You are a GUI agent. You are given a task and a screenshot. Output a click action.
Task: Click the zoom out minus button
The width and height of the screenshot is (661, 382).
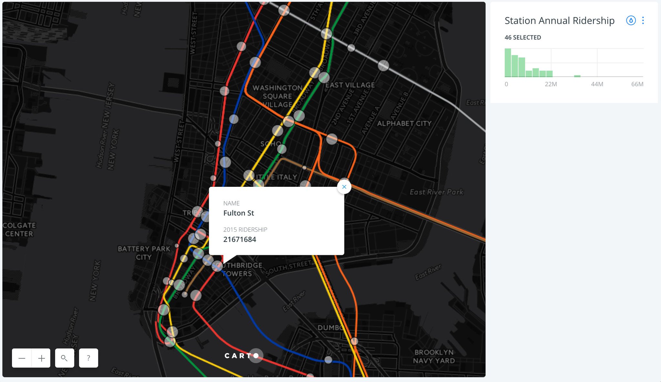(x=22, y=358)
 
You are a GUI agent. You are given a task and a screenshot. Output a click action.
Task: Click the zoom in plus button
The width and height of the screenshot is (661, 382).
(x=41, y=358)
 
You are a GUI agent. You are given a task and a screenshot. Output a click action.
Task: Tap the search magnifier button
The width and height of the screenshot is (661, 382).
(x=65, y=358)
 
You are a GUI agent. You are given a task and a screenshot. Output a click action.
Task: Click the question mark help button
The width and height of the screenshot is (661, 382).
(x=88, y=358)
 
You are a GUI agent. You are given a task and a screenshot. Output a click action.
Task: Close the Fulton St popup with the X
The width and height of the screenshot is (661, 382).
(x=344, y=187)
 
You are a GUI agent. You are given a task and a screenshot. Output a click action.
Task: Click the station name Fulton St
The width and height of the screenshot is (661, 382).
(x=239, y=213)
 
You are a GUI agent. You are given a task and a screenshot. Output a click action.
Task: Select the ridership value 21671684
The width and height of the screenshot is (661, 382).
(x=239, y=239)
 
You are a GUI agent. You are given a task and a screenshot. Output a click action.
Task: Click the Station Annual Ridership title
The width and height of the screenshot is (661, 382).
(x=559, y=21)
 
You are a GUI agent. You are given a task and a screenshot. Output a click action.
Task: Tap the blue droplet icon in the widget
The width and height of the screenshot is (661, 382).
(x=631, y=21)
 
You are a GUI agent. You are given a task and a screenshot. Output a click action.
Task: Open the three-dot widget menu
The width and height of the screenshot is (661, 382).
(x=643, y=21)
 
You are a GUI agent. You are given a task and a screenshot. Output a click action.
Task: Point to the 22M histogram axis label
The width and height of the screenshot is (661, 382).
(x=551, y=84)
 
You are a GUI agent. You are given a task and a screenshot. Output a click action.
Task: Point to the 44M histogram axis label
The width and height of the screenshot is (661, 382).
(x=597, y=84)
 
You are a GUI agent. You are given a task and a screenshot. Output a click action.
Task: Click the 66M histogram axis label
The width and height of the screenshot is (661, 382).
(x=637, y=84)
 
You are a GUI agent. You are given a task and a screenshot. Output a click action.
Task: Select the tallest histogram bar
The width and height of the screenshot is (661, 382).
(x=508, y=63)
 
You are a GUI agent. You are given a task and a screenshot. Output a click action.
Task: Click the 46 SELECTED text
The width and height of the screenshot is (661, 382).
(x=523, y=37)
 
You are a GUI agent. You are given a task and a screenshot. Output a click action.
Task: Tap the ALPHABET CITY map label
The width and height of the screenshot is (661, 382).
(x=404, y=124)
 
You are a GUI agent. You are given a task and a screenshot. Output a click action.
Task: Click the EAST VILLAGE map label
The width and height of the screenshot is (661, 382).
(x=350, y=85)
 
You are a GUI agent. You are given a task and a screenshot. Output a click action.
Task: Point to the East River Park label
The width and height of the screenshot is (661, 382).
(x=436, y=192)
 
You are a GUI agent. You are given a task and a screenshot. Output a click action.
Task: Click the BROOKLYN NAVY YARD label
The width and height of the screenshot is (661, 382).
(x=434, y=357)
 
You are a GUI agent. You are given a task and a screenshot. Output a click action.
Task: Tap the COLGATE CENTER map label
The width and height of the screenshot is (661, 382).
(x=19, y=229)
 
